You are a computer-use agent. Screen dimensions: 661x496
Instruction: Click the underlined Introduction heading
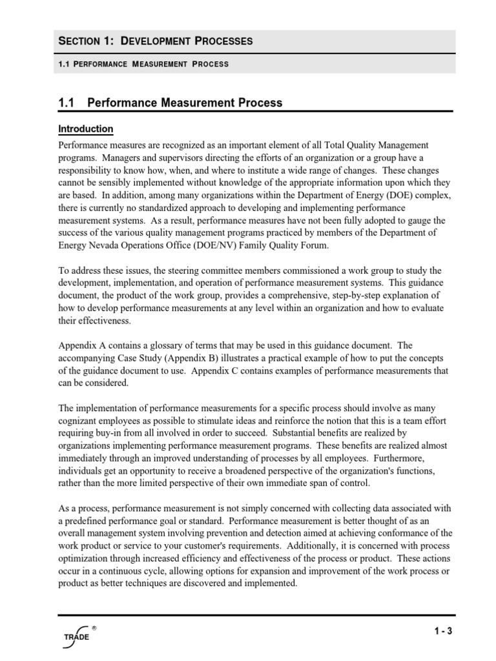pyautogui.click(x=85, y=129)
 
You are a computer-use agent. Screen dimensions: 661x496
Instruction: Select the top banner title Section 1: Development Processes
pyautogui.click(x=156, y=41)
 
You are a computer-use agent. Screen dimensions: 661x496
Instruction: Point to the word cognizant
pyautogui.click(x=80, y=420)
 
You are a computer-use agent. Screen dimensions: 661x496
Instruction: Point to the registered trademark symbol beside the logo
pyautogui.click(x=94, y=627)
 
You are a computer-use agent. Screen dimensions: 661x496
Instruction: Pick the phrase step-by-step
pyautogui.click(x=359, y=296)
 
